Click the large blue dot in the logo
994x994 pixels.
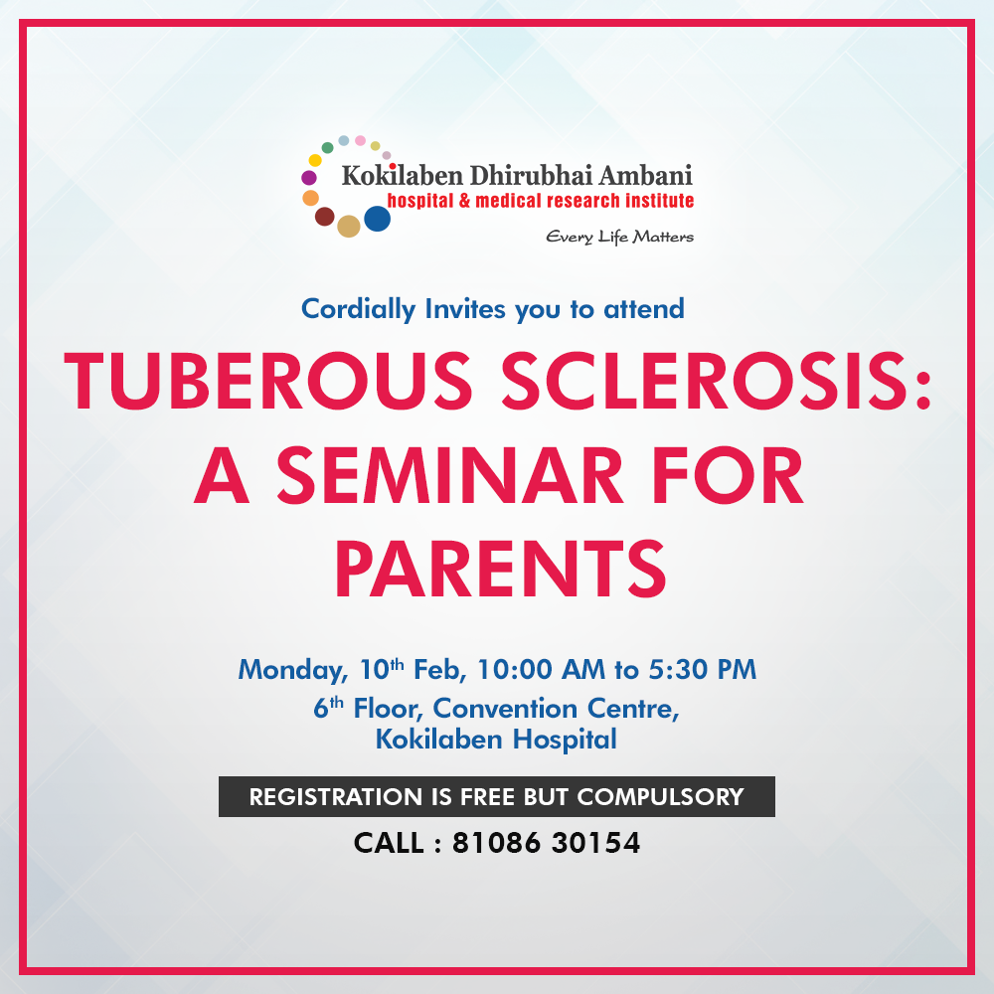377,219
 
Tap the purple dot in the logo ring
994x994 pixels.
309,178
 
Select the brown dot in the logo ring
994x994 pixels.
325,216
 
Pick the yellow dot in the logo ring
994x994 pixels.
315,160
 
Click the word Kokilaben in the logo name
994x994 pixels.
403,176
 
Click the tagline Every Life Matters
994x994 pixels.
620,238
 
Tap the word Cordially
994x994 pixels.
358,310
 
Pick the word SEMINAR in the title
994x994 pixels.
449,475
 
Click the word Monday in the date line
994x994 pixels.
293,670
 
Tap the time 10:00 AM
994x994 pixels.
541,669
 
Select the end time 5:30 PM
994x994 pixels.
703,669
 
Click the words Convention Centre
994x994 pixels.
556,709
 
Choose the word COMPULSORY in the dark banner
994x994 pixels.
660,797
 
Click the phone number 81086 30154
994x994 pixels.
546,843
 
